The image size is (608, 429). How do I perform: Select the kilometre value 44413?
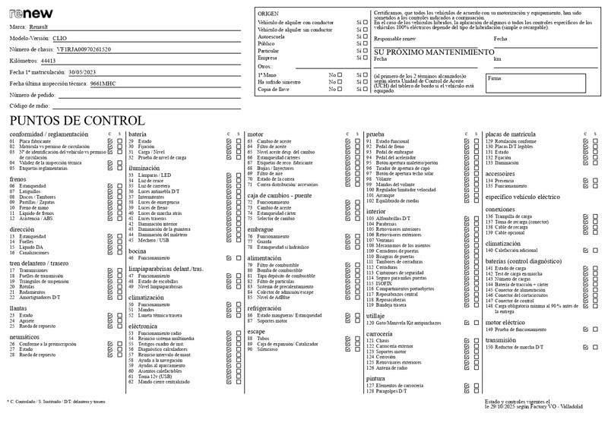point(48,60)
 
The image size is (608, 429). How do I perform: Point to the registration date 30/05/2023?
point(83,71)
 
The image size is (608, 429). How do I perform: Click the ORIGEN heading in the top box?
point(268,14)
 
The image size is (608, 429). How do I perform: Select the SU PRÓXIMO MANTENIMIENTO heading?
point(434,52)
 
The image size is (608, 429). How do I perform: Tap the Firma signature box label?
point(494,77)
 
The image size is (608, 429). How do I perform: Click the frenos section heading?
point(17,179)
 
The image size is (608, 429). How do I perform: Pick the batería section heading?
point(138,134)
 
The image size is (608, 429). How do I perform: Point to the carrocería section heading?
point(379,333)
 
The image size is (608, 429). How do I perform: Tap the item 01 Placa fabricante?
point(34,141)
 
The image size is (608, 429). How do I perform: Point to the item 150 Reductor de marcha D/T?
point(517,347)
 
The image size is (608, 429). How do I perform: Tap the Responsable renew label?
point(395,39)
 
